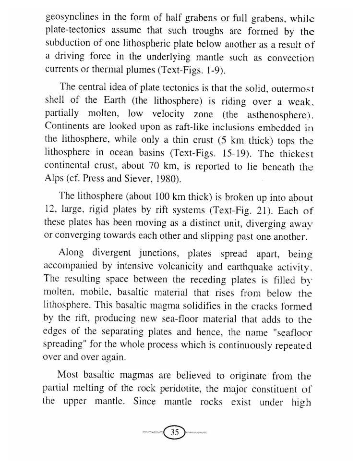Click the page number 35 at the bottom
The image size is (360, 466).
coord(175,432)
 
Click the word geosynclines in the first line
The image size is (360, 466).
coord(71,18)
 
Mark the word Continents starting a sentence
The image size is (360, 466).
coord(68,128)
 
